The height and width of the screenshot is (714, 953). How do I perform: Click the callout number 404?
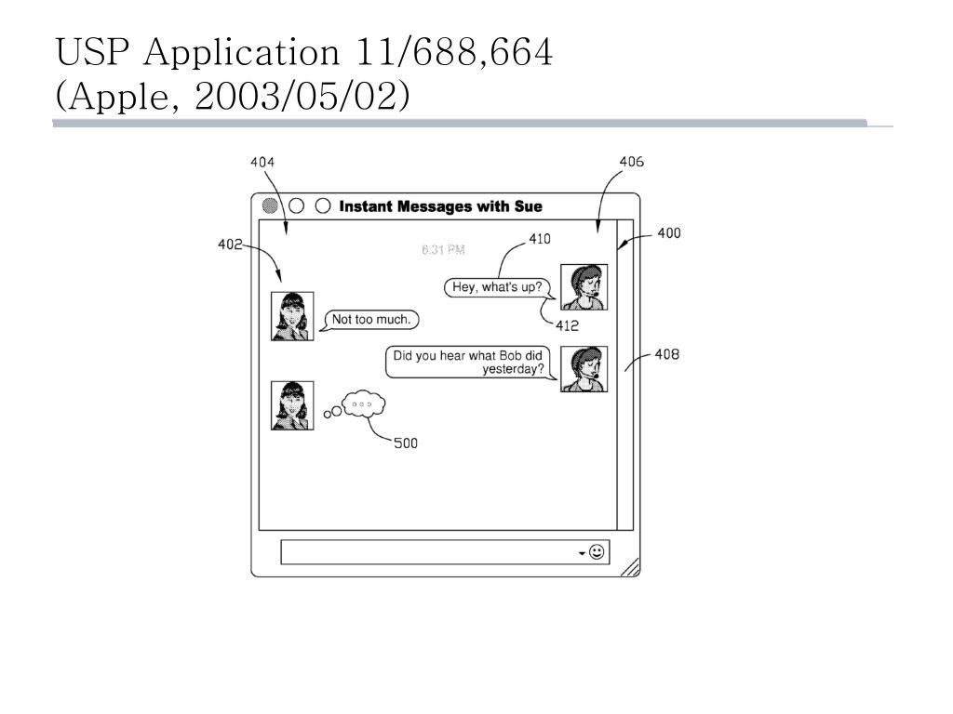[262, 162]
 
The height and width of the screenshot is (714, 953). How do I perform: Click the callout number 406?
[631, 162]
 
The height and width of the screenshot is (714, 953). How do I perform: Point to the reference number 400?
[668, 232]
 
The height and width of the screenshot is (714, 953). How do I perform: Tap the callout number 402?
[230, 245]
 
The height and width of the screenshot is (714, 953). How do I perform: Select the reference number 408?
[666, 354]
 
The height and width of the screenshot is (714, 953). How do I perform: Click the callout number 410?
[540, 239]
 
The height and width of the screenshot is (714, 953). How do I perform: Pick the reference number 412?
[567, 325]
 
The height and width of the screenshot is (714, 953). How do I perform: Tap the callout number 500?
[406, 443]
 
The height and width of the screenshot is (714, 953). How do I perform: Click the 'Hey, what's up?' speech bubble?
[497, 287]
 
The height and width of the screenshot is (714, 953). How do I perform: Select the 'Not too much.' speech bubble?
[371, 320]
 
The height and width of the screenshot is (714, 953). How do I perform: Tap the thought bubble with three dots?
[363, 404]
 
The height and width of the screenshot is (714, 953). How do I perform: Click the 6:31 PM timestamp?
[443, 249]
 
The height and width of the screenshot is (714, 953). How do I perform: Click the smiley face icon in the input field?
[597, 552]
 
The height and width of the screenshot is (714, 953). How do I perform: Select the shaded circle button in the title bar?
[270, 206]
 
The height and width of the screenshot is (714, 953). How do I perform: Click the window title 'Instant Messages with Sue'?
[440, 206]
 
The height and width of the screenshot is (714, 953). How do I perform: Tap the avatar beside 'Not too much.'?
[292, 316]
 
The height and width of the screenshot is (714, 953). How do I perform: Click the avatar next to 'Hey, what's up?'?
[584, 286]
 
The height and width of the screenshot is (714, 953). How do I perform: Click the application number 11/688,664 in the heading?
[454, 53]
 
